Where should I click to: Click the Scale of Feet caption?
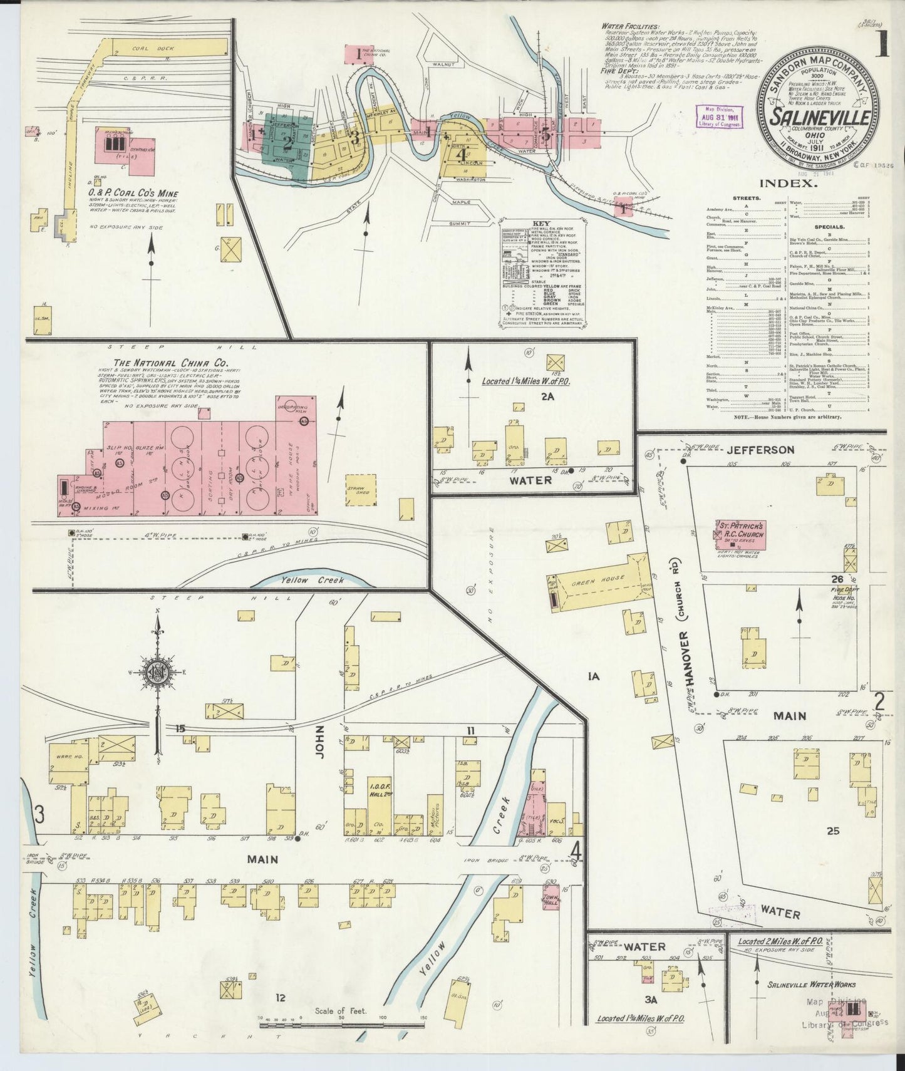[341, 1010]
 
